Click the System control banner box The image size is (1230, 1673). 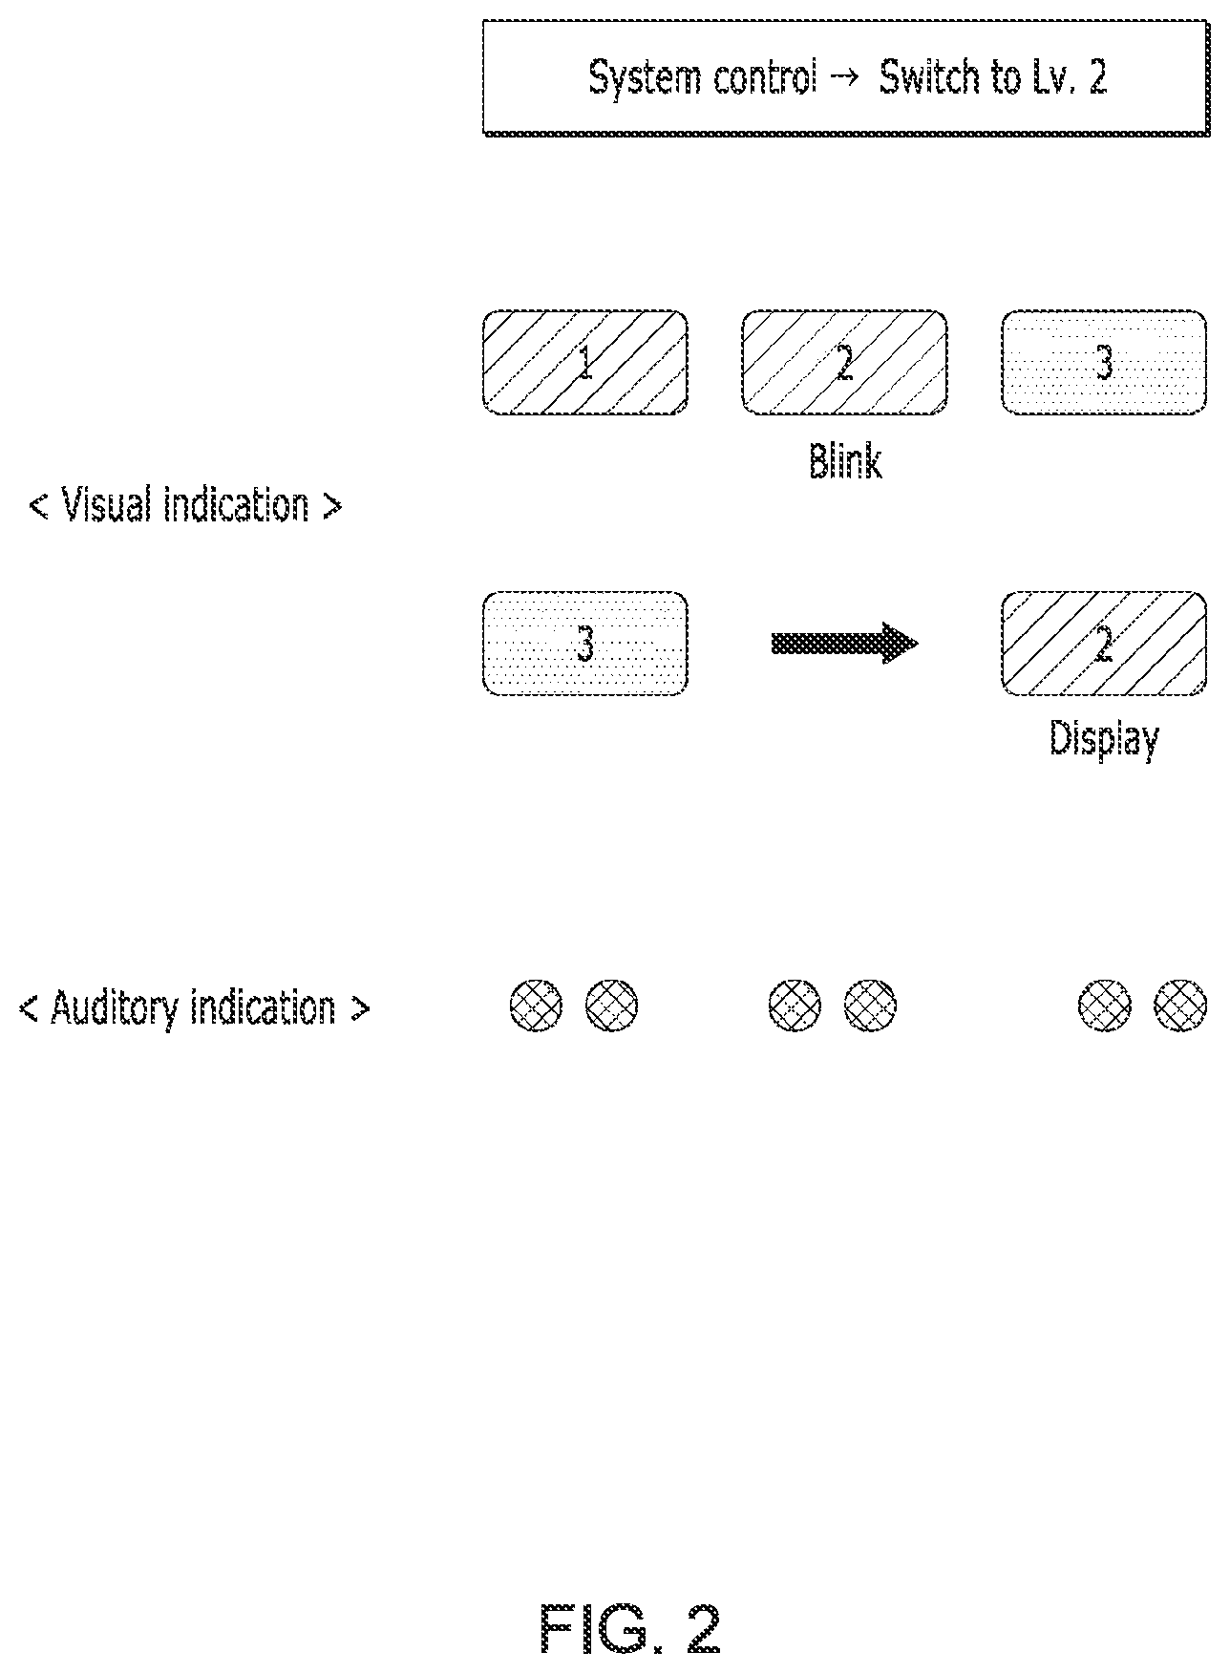[845, 78]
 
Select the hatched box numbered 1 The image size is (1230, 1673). [585, 362]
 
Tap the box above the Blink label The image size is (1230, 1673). [844, 362]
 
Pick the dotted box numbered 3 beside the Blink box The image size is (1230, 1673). [1104, 362]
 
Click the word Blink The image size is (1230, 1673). [845, 460]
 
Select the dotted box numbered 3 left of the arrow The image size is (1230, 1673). [585, 644]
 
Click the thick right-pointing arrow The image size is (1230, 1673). [844, 644]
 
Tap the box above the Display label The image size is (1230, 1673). [1104, 644]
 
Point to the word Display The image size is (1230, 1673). [1105, 739]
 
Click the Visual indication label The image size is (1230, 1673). [185, 504]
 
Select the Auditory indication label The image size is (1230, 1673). [194, 1008]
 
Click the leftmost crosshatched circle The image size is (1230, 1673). [537, 1006]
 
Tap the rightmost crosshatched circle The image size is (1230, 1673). [1180, 1006]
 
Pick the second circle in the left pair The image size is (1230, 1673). [611, 1006]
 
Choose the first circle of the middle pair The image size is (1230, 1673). [795, 1006]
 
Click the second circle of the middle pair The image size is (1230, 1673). [870, 1006]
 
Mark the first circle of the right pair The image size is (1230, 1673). [1105, 1006]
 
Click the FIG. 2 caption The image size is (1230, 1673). [630, 1627]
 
